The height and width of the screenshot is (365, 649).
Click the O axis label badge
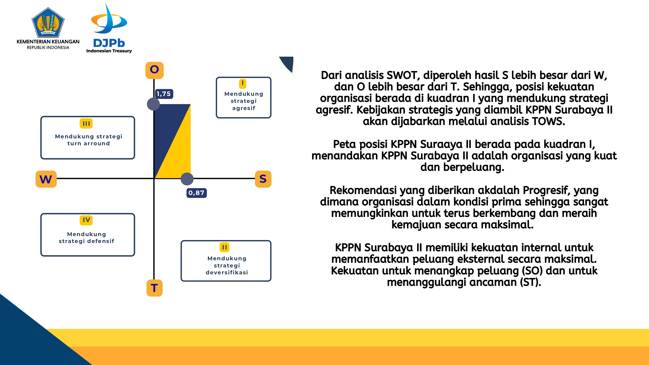[x=154, y=70]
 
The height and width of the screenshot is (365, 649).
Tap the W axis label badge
[x=46, y=179]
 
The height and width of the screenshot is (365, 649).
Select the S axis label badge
[x=263, y=179]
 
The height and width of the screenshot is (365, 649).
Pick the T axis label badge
[x=154, y=288]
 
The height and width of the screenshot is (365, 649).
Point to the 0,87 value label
[x=196, y=193]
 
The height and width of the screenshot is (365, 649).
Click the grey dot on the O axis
[x=153, y=104]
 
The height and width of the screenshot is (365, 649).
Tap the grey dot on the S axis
[x=187, y=179]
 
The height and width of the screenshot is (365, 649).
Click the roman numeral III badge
[x=86, y=124]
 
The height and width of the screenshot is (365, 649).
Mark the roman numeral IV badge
[x=86, y=220]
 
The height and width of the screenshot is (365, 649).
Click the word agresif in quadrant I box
[x=244, y=108]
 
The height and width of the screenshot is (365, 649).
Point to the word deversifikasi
[x=227, y=272]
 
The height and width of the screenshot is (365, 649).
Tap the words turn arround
[x=88, y=143]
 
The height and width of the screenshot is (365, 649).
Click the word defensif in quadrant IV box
[x=101, y=241]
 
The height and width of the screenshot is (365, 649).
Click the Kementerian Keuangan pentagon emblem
[x=48, y=22]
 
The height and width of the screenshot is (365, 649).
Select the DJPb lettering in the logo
[x=109, y=43]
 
